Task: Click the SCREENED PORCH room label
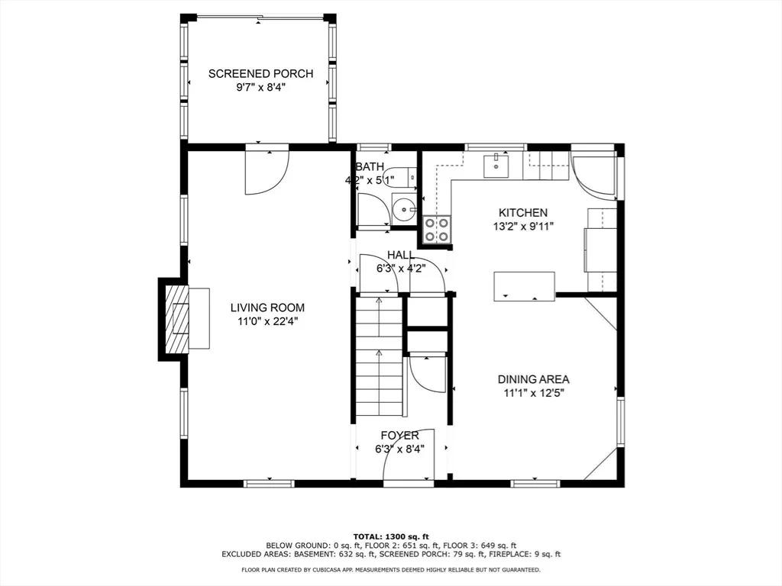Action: click(x=261, y=74)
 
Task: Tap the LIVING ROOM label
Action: click(x=267, y=308)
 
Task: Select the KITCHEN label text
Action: click(x=523, y=212)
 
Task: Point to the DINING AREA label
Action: click(x=534, y=379)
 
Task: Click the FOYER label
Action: click(x=400, y=436)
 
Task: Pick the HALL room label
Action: click(x=401, y=255)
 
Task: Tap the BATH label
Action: click(x=370, y=166)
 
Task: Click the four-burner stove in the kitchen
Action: click(x=437, y=230)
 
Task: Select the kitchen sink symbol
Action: click(x=496, y=166)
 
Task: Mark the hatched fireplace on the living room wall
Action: click(x=177, y=317)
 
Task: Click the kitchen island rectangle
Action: click(x=524, y=286)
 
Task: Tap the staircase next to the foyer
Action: click(x=379, y=356)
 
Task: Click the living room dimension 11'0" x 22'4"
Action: click(x=267, y=322)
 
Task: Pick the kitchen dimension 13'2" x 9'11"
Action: click(x=523, y=226)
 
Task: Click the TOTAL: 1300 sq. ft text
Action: click(x=391, y=536)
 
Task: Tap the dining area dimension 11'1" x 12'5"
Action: click(x=534, y=393)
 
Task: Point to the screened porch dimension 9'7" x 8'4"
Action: click(x=261, y=88)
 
